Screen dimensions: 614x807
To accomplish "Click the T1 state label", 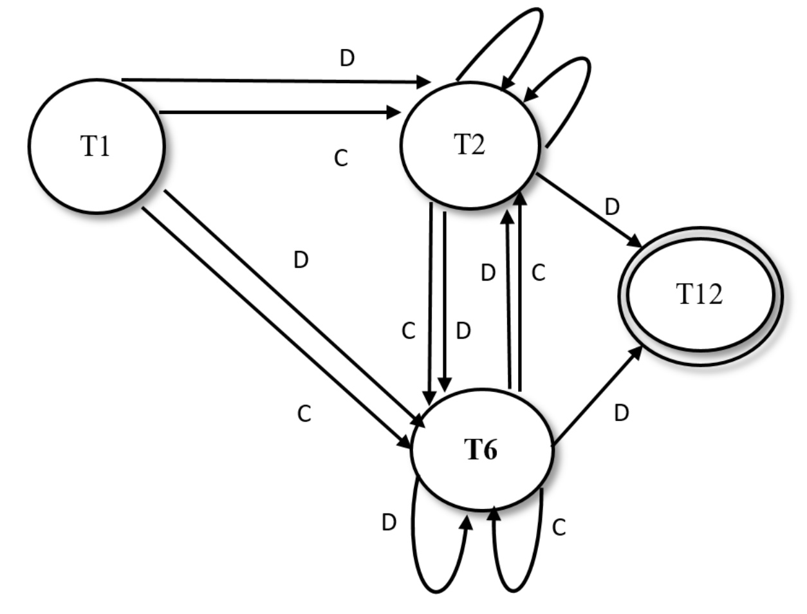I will (95, 147).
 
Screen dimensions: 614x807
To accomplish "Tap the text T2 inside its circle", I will (469, 145).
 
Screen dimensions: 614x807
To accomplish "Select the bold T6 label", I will (481, 451).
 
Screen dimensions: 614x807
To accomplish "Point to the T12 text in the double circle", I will (700, 295).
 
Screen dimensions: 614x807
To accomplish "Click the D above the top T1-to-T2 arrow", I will (347, 59).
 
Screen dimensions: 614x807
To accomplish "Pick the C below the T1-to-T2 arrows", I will (341, 158).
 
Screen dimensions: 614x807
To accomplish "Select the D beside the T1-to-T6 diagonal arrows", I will (301, 261).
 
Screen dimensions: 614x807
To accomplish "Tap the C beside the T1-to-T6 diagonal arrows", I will (304, 414).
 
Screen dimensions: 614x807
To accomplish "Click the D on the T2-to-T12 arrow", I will (612, 207).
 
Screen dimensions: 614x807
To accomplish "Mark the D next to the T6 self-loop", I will (389, 523).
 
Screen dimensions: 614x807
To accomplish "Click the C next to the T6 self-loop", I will (559, 528).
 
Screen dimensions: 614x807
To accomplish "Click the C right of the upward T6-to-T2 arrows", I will (539, 273).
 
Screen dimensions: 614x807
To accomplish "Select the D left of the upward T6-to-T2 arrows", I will (488, 274).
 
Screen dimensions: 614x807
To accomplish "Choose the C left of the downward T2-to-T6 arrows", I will (409, 331).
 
